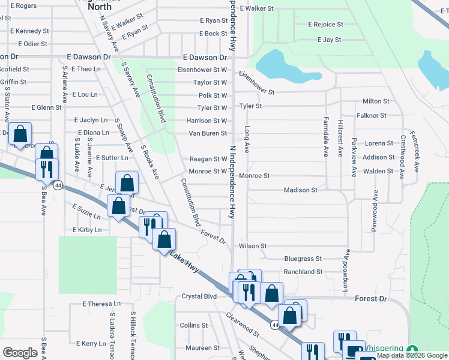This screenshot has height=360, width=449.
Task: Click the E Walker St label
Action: coord(256,9)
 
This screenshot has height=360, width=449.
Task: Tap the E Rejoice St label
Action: coord(325,25)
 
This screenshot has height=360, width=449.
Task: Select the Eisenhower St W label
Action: coord(202,70)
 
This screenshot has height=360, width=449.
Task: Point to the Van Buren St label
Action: coord(208,133)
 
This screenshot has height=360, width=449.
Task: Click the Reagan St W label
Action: coord(208,159)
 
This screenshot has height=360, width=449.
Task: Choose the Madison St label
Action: coord(300,190)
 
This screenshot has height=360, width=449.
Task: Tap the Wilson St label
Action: coord(253,246)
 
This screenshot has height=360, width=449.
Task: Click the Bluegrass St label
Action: coord(303,259)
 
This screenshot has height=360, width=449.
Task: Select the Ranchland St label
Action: coord(303,272)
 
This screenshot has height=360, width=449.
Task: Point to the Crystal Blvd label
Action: coord(199,296)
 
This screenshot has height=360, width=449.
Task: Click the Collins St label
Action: coord(193,325)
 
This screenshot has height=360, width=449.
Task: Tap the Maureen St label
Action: coord(202,348)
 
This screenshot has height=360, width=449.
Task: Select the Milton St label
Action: coord(376,101)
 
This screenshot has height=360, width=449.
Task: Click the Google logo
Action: coord(20,353)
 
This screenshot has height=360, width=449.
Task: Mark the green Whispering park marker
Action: coord(412,349)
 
